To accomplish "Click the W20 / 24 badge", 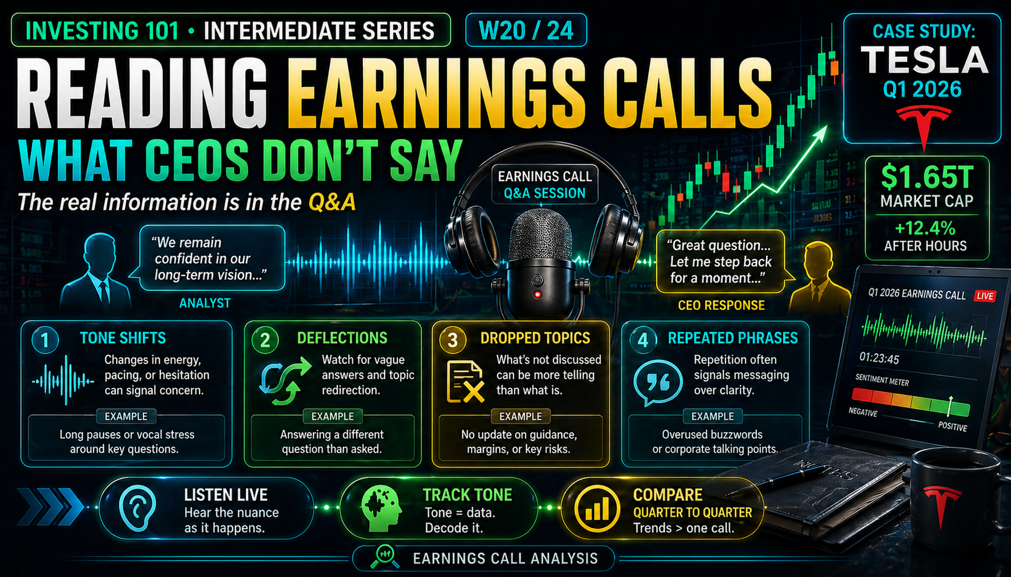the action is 526,30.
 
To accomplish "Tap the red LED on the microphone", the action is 538,294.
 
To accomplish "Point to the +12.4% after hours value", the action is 925,228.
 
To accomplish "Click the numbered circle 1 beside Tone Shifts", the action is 45,340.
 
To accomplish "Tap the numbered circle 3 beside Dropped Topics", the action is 452,340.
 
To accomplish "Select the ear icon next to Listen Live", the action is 137,508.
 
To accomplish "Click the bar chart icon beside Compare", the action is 596,508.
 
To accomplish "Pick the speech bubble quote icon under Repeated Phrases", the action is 657,383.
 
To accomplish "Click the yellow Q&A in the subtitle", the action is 332,202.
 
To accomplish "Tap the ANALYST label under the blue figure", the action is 205,303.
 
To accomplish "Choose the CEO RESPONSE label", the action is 721,305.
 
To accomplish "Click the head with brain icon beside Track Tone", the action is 381,509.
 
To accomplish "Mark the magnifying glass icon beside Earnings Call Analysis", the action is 385,556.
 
